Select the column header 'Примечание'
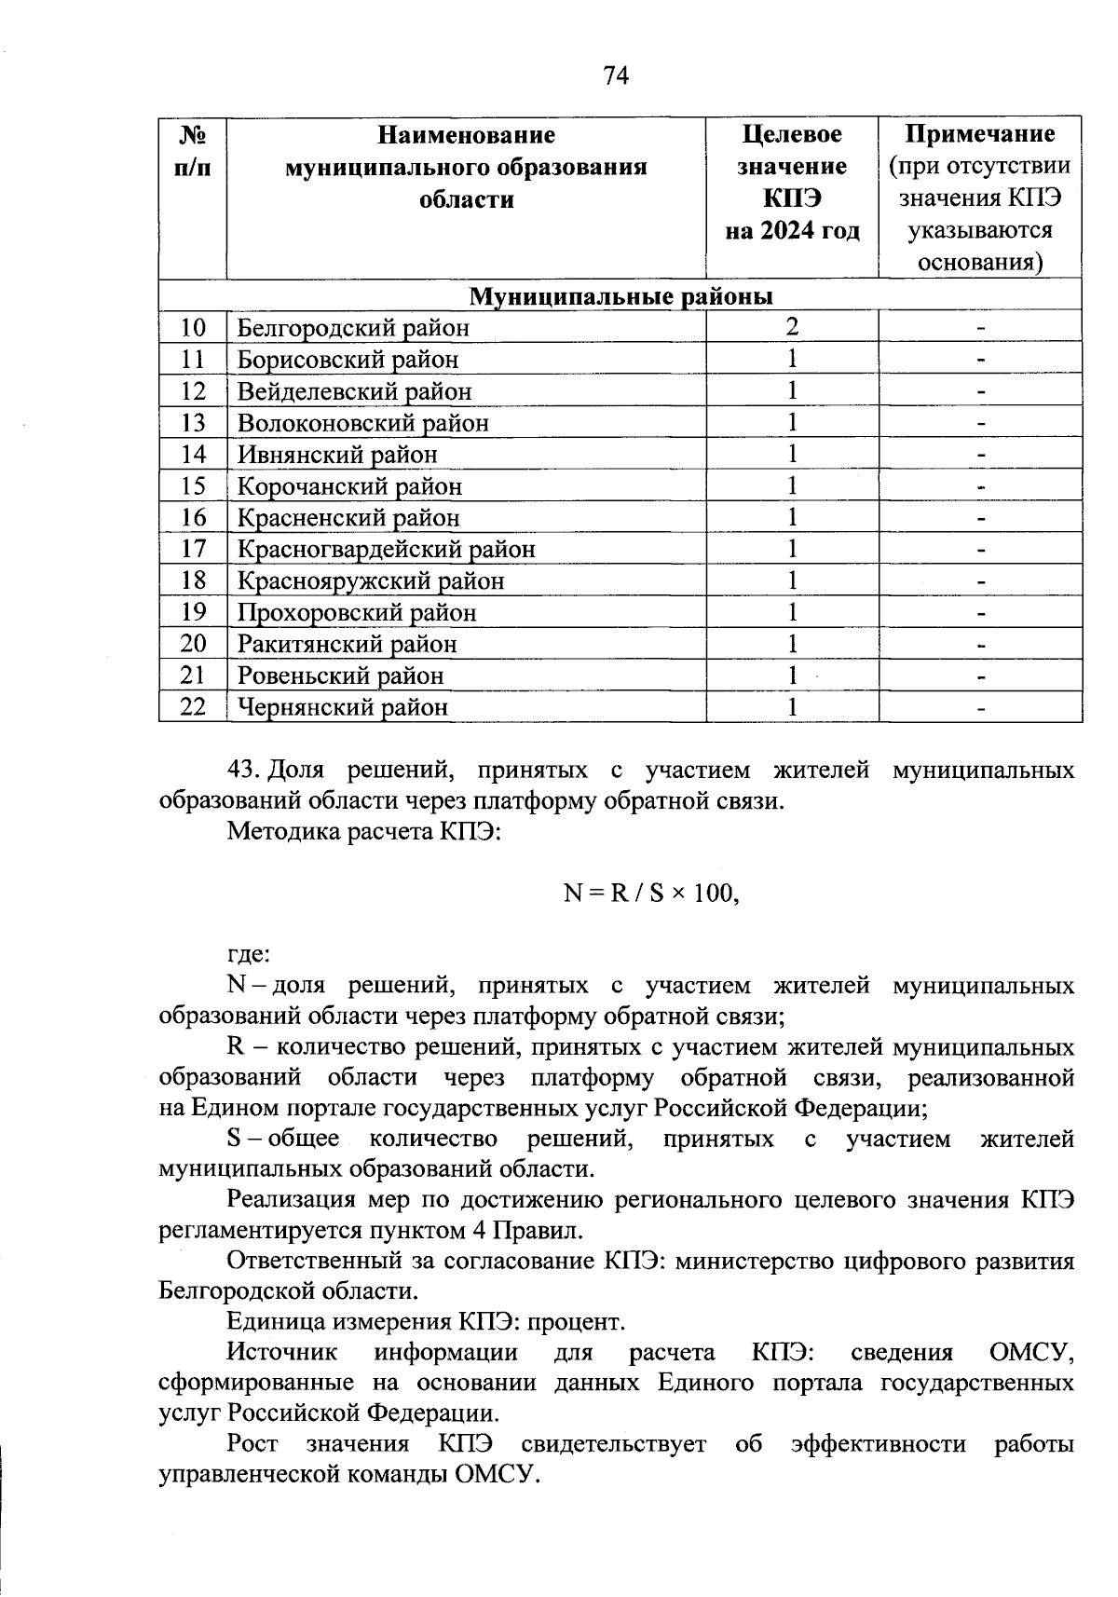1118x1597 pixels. point(980,135)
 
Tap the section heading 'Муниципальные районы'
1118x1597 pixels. point(620,296)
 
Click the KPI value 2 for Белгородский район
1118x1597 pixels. point(792,327)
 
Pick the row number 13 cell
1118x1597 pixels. point(193,423)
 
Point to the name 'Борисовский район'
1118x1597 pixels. point(348,360)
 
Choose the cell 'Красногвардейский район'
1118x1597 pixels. point(387,550)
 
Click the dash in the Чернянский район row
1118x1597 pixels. point(980,708)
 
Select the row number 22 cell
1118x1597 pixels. point(193,707)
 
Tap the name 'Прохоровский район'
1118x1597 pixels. point(357,613)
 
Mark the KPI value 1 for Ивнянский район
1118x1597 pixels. point(792,455)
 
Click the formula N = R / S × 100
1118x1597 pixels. point(651,894)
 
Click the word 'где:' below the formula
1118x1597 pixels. point(250,955)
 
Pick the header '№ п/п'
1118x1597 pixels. point(193,151)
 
